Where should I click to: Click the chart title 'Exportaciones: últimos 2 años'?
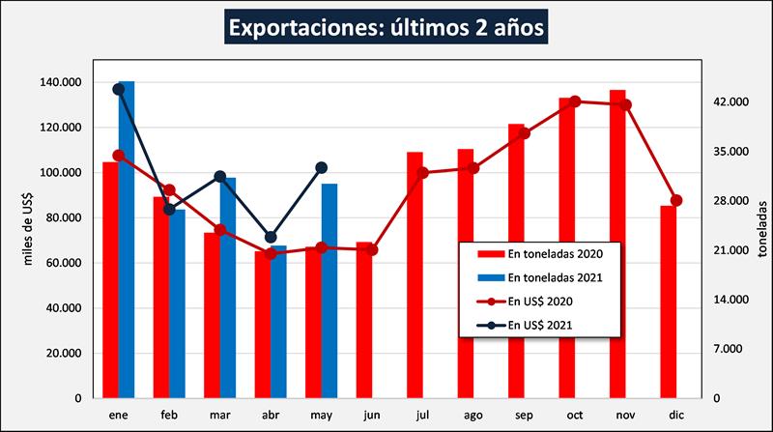pos(386,26)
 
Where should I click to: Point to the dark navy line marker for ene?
pos(119,89)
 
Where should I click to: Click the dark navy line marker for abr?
pos(271,237)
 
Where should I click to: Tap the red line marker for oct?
pos(575,101)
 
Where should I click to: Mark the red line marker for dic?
pos(676,200)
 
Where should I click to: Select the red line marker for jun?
pos(372,249)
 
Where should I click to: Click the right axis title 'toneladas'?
pos(761,230)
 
